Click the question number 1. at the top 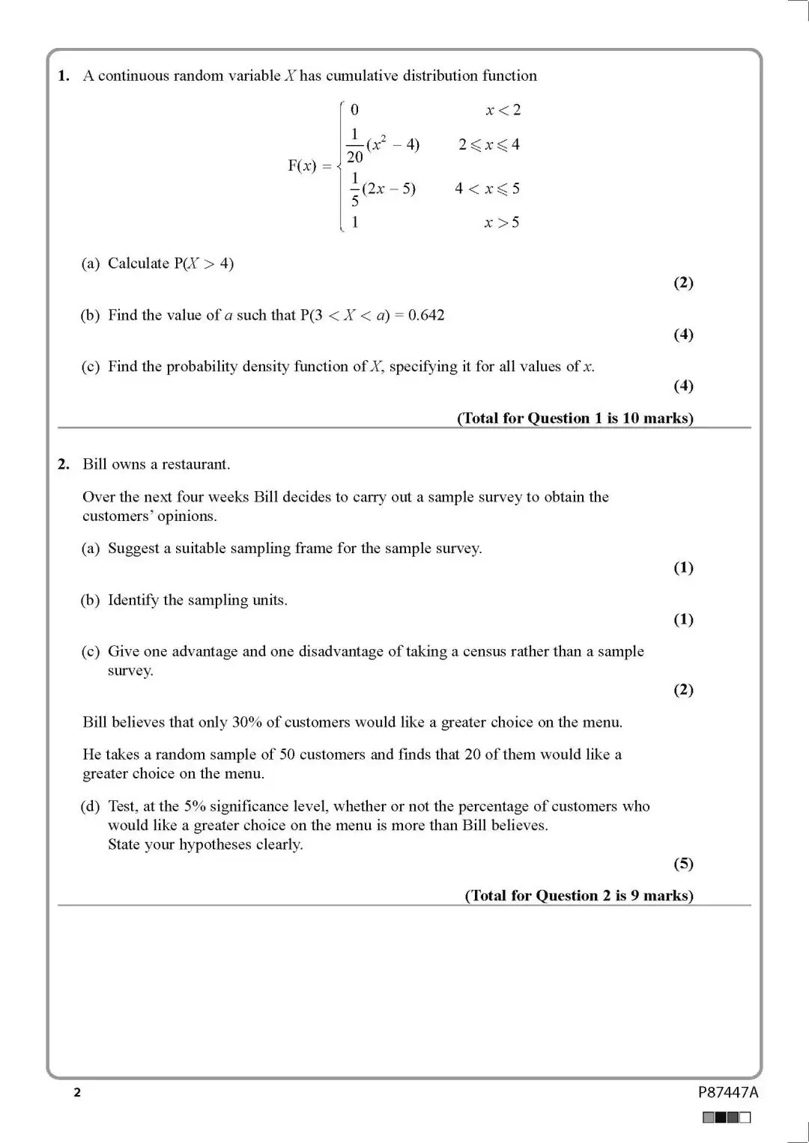(x=64, y=76)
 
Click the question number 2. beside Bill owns (x=64, y=464)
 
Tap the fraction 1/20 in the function (x=355, y=145)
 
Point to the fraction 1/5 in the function (x=355, y=189)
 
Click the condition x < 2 (x=503, y=110)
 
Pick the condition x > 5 (x=502, y=222)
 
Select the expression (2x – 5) (x=389, y=189)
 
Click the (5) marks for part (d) (x=683, y=864)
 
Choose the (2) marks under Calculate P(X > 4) (x=683, y=283)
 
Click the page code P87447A (x=728, y=1092)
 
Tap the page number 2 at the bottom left (x=77, y=1093)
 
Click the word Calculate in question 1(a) (x=139, y=263)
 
